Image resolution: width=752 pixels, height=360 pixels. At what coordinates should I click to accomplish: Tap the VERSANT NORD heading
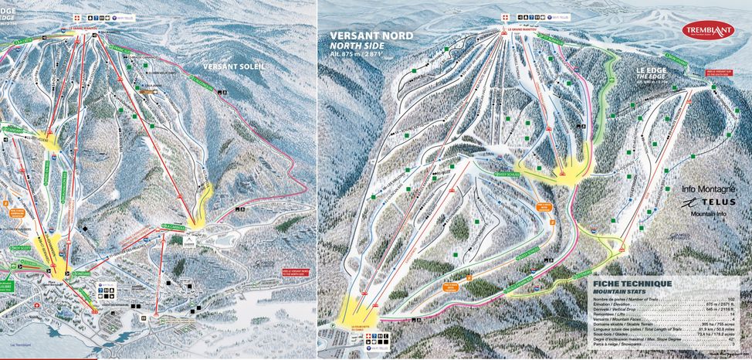point(371,36)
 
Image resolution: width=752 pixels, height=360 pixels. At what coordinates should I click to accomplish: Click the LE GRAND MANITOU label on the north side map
point(521,29)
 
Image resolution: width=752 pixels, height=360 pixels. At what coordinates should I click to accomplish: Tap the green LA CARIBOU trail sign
point(173,226)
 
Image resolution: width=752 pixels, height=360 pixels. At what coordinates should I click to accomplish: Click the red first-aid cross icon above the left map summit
point(76,16)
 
